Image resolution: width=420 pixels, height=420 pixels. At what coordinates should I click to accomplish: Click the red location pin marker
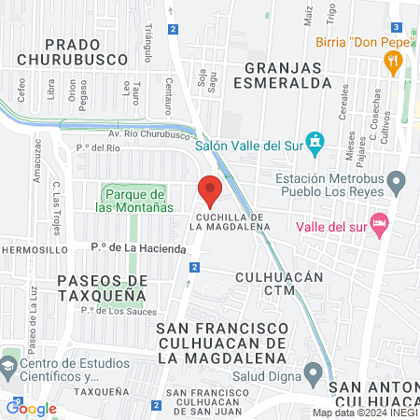pyautogui.click(x=210, y=190)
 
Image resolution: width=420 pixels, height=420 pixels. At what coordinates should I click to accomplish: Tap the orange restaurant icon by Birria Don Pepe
pyautogui.click(x=393, y=63)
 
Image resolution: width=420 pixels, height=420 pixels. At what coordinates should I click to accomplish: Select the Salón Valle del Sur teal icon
pyautogui.click(x=315, y=144)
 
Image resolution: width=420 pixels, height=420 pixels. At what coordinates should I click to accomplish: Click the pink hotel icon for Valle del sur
pyautogui.click(x=378, y=224)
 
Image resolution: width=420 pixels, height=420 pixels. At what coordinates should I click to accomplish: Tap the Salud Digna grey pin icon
pyautogui.click(x=315, y=373)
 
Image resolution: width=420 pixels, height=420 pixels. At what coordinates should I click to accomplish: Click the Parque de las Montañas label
pyautogui.click(x=134, y=199)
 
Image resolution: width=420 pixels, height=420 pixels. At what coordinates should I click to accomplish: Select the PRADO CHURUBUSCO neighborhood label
pyautogui.click(x=72, y=50)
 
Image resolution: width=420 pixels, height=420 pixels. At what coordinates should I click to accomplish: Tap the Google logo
pyautogui.click(x=32, y=408)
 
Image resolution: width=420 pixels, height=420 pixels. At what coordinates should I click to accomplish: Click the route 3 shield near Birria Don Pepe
pyautogui.click(x=397, y=27)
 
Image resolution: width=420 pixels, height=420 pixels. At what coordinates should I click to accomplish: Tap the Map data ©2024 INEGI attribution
pyautogui.click(x=365, y=413)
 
